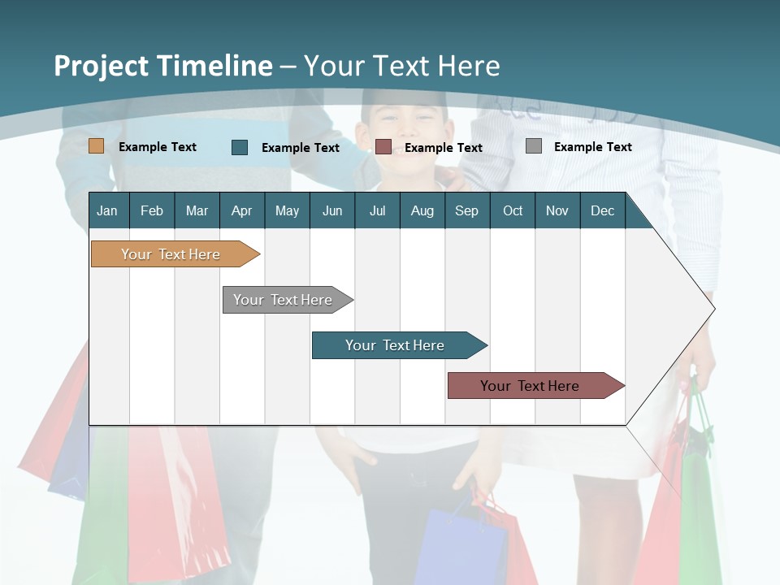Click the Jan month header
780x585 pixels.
click(x=107, y=211)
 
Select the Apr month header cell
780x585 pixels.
click(x=242, y=211)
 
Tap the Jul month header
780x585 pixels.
click(x=377, y=211)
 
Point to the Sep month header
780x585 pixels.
click(x=466, y=211)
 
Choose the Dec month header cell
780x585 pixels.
click(x=602, y=211)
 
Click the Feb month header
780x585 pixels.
click(x=152, y=211)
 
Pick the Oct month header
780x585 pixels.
click(x=513, y=211)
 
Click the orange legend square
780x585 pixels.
click(x=97, y=146)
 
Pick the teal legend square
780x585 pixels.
click(x=240, y=147)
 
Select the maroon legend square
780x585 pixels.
click(x=383, y=147)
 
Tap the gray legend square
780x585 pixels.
click(x=534, y=146)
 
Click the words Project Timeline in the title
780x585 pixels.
click(x=163, y=66)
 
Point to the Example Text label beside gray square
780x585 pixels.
click(x=592, y=147)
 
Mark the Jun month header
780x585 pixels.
click(x=332, y=211)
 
